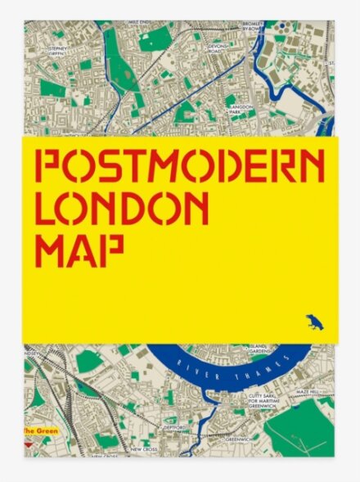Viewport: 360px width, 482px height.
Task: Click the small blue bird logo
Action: click(x=313, y=322)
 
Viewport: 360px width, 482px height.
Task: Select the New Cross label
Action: click(x=144, y=449)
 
